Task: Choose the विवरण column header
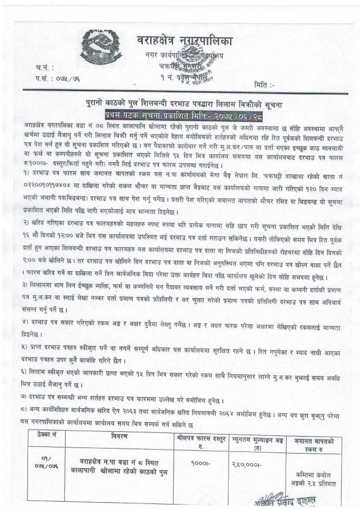coord(119,435)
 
